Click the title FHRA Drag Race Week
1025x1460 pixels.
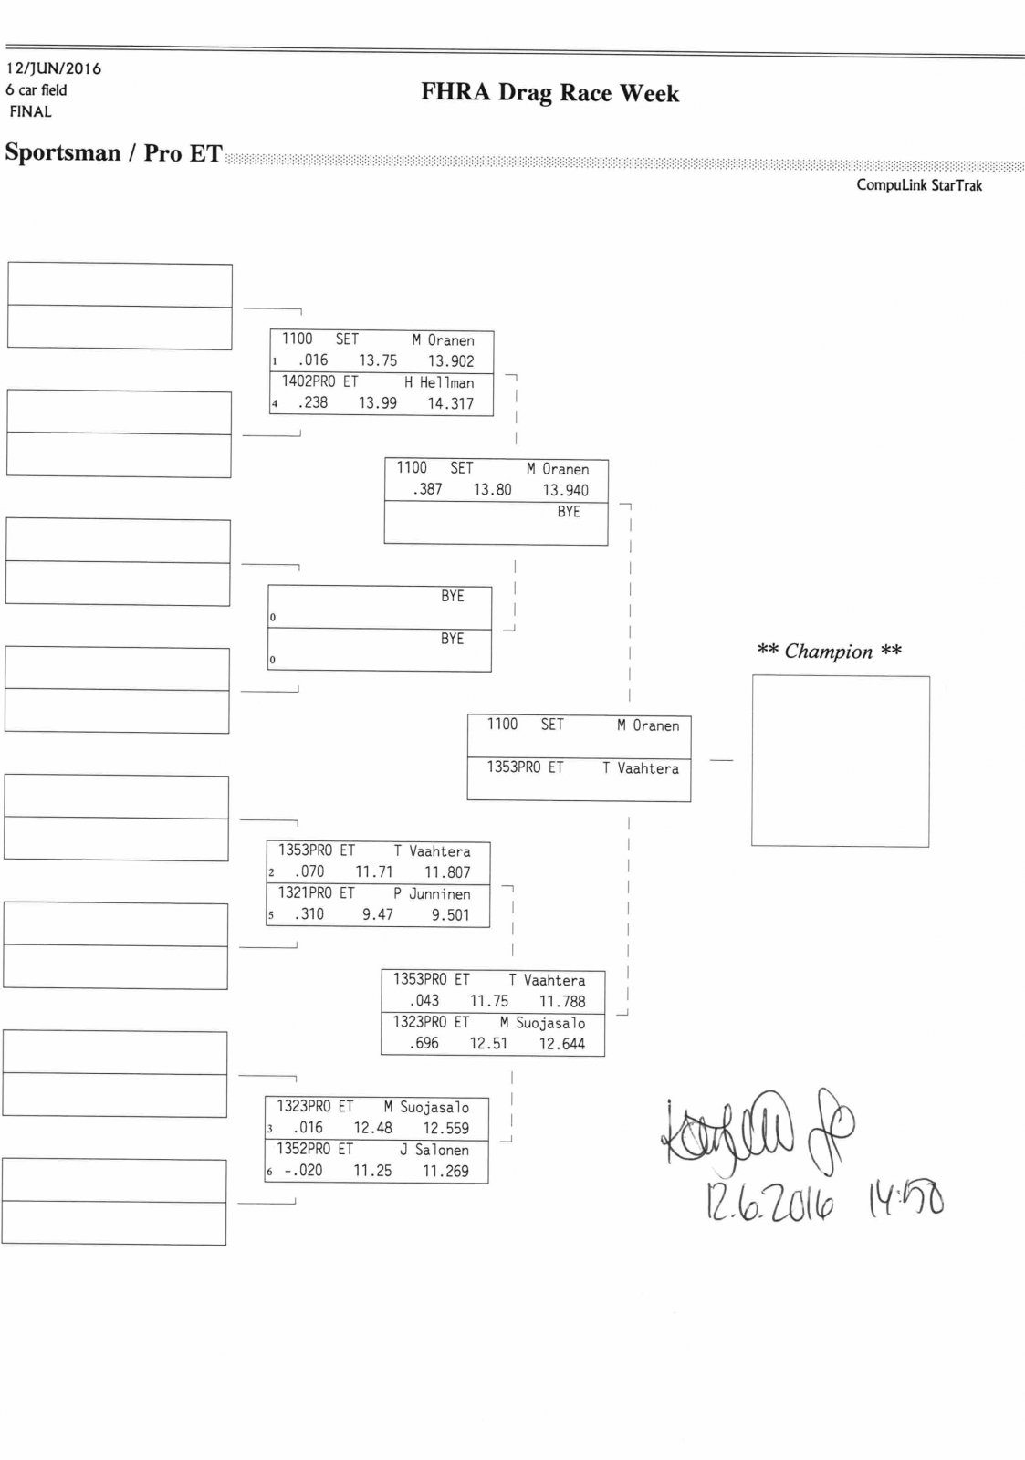click(549, 93)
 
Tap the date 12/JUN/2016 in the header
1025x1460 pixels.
click(54, 68)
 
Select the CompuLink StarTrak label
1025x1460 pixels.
click(918, 185)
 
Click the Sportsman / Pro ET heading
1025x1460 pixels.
click(113, 152)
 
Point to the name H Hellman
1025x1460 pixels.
click(439, 383)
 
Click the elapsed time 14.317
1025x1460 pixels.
click(451, 403)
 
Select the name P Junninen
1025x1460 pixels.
click(432, 894)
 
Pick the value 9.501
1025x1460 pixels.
click(451, 915)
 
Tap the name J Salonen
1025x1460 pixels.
click(434, 1151)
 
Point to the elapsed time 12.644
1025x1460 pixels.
click(562, 1044)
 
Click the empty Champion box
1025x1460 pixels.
click(840, 761)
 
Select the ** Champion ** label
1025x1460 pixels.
click(829, 652)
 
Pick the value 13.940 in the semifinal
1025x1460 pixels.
click(566, 490)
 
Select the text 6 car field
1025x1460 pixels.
click(37, 90)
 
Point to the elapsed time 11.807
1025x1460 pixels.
click(447, 872)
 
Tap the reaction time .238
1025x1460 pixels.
click(312, 402)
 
